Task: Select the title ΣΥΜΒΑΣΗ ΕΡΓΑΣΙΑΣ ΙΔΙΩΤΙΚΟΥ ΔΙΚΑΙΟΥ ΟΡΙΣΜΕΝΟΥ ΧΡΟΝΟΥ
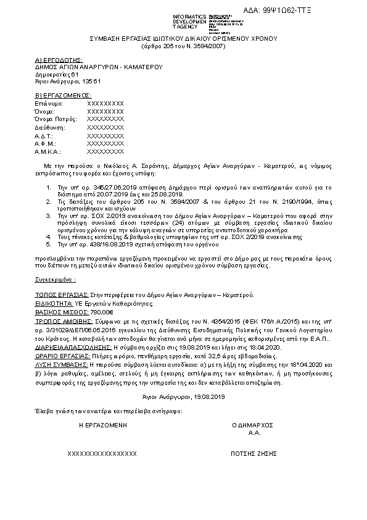pyautogui.click(x=184, y=38)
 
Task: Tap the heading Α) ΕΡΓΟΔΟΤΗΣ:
pyautogui.click(x=59, y=60)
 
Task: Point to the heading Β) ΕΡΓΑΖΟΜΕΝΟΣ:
pyautogui.click(x=64, y=96)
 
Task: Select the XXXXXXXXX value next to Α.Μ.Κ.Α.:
pyautogui.click(x=105, y=151)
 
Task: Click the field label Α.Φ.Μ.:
pyautogui.click(x=47, y=143)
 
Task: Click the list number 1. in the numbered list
pyautogui.click(x=49, y=186)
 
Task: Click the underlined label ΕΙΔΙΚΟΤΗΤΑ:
pyautogui.click(x=54, y=304)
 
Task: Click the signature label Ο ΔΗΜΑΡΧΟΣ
pyautogui.click(x=252, y=425)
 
